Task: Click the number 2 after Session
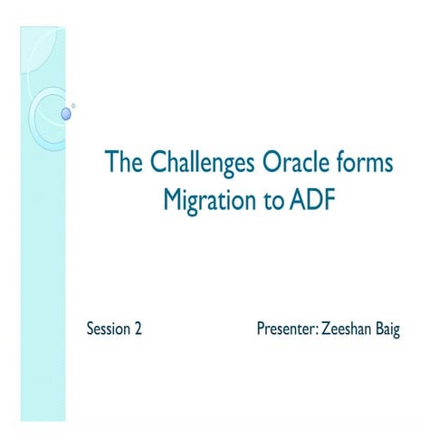coord(138,329)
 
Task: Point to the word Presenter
coord(285,329)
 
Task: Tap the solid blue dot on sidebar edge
coord(65,113)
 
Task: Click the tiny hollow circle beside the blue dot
coord(73,106)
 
